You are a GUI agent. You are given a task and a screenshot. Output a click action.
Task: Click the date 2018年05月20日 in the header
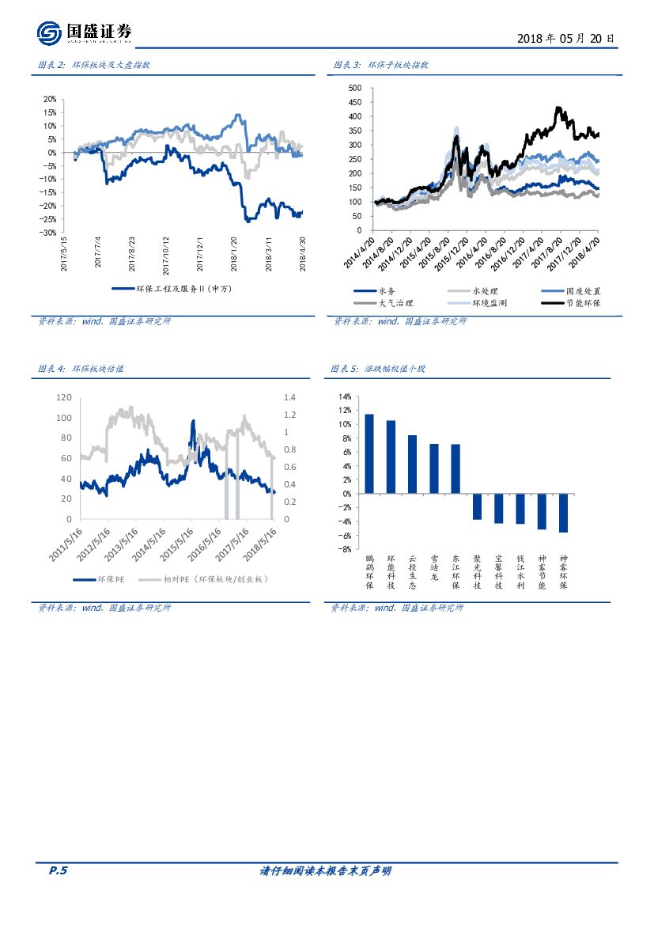pos(565,38)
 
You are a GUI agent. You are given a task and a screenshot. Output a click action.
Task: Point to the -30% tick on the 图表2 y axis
pos(49,233)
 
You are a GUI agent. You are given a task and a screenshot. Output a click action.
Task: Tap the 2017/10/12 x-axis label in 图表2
pos(167,253)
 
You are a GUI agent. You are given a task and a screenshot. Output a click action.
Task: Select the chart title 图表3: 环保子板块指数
pos(380,66)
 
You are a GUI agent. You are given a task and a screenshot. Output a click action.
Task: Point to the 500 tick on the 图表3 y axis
pos(355,88)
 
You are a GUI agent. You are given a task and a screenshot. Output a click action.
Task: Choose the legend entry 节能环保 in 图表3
pos(582,303)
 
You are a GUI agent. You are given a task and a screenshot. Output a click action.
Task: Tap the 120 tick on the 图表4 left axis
pos(64,397)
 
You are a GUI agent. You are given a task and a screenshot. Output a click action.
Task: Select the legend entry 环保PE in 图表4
pos(109,579)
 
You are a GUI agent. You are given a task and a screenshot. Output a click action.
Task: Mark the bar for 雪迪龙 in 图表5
pos(434,468)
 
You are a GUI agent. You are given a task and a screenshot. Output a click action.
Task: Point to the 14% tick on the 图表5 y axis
pos(346,396)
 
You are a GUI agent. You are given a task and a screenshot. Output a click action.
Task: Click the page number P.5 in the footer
pos(59,871)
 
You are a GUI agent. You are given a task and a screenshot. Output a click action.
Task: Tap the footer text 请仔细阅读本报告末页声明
pos(326,871)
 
